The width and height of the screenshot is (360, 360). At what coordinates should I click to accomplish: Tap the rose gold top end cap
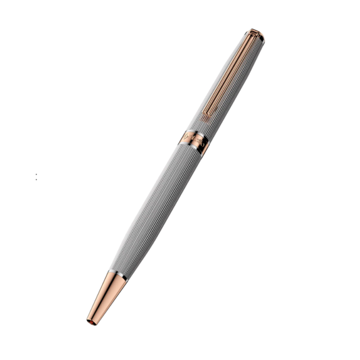253,32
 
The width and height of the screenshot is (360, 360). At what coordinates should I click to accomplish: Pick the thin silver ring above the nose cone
115,276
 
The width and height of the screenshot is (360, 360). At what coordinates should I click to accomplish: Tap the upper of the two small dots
36,175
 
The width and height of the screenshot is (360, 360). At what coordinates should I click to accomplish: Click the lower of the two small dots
36,179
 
